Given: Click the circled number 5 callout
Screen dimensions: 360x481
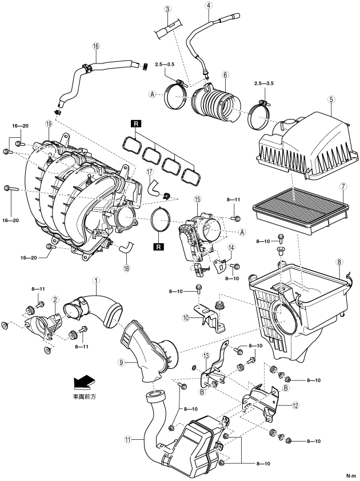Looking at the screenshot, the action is click(331, 100).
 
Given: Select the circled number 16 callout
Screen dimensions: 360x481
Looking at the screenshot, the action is click(96, 46).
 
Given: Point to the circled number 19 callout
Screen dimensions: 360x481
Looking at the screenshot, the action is click(49, 124).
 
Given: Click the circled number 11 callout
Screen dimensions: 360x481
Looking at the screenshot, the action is click(129, 440).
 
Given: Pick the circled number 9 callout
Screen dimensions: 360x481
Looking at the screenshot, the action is click(122, 362).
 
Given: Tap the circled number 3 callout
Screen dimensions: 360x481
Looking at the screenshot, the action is click(167, 10).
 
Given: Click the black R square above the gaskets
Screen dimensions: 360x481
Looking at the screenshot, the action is click(136, 124).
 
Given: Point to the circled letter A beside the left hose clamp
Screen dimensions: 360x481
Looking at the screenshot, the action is click(152, 94).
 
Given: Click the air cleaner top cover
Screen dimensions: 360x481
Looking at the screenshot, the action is click(303, 144).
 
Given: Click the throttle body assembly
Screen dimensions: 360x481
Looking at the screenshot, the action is click(201, 243).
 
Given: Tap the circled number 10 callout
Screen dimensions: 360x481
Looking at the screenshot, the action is click(186, 318).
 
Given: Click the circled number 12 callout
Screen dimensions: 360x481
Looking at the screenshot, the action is click(295, 406).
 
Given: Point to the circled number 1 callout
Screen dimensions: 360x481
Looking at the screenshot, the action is click(96, 280).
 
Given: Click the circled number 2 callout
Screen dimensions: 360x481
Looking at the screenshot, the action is click(55, 299).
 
